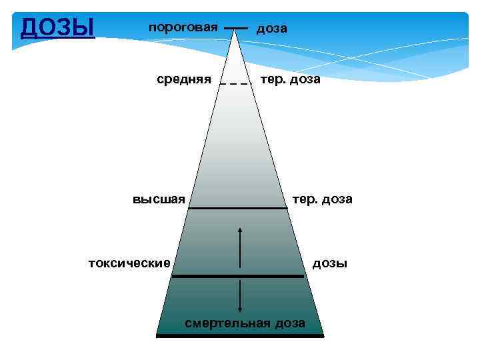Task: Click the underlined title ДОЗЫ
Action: coord(58,28)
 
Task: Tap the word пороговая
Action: coord(183,27)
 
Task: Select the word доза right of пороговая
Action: coord(272,29)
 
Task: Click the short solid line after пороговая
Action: coord(235,28)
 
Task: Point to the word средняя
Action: coord(184,79)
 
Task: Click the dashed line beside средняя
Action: coord(235,84)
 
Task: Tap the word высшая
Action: coord(159,199)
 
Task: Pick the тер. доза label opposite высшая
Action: coord(322,199)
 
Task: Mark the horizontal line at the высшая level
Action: coord(237,209)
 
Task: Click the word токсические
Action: coord(130,263)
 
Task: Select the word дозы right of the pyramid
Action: coord(330,263)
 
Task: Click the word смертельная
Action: coord(227,323)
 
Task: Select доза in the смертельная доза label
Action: coord(288,323)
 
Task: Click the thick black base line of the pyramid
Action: coord(240,336)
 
